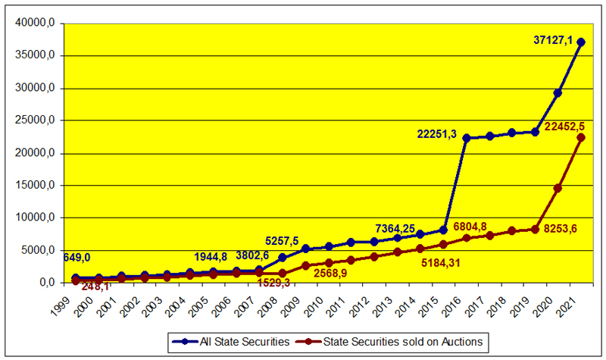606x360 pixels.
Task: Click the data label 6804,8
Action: tap(480, 227)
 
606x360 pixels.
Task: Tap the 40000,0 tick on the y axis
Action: tap(36, 23)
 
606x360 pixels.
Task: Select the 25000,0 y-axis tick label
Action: tap(36, 121)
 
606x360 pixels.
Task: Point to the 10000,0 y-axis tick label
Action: tap(36, 218)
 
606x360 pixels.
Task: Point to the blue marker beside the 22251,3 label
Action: tap(467, 138)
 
